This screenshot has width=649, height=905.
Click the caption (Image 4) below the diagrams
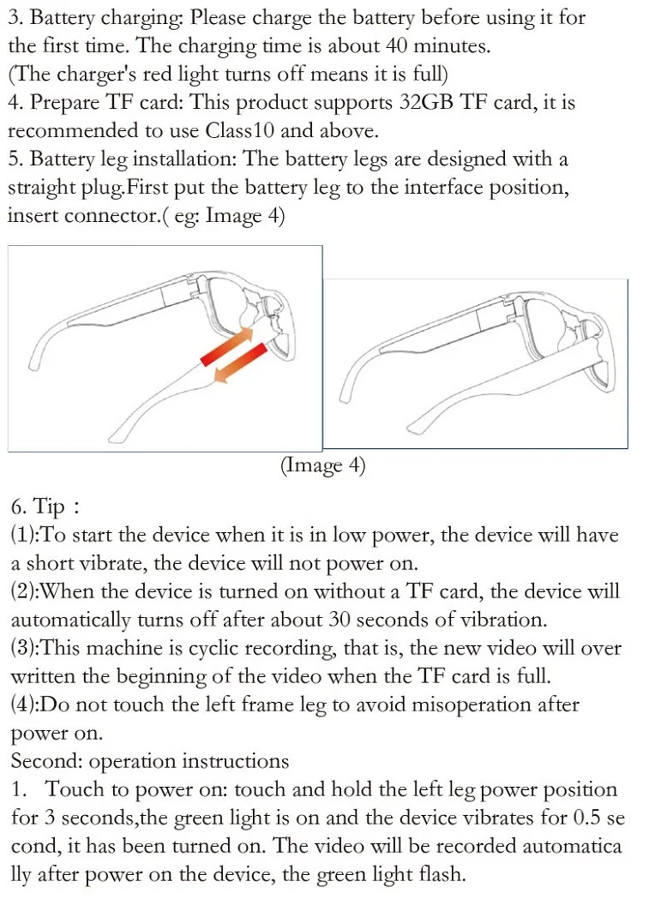click(x=323, y=465)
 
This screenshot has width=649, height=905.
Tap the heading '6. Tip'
click(x=39, y=506)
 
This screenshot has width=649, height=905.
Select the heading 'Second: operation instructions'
click(x=150, y=761)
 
